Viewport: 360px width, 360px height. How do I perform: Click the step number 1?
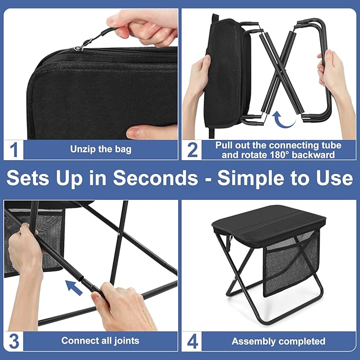pos(14,150)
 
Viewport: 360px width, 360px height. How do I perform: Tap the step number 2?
pos(192,150)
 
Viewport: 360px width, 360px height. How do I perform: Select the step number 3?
pos(14,340)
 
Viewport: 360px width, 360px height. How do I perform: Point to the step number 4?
pos(192,340)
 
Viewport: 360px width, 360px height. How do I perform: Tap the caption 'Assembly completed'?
pos(278,341)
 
